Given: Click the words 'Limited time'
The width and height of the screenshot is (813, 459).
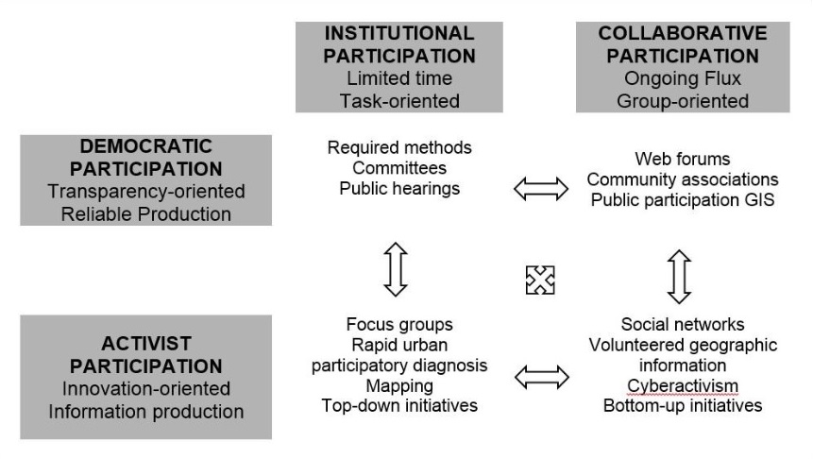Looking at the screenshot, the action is click(x=399, y=78).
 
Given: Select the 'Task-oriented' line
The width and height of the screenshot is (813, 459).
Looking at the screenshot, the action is click(x=399, y=101).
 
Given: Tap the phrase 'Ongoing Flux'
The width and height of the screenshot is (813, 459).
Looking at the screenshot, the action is click(x=683, y=78).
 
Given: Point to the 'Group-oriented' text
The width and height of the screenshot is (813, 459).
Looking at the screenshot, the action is click(x=683, y=101).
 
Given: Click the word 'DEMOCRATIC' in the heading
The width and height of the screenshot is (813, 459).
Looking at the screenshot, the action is click(x=145, y=146).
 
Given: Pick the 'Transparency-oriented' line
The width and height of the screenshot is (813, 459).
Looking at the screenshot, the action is click(x=146, y=192).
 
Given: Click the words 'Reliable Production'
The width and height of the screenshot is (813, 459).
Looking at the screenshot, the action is click(x=146, y=214).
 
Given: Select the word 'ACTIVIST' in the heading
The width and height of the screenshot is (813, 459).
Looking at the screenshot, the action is click(x=146, y=344).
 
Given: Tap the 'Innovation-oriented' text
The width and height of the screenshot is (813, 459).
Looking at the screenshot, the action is click(x=146, y=388).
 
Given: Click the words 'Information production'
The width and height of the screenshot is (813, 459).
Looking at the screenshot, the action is click(x=146, y=411).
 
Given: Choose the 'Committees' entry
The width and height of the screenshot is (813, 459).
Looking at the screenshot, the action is click(x=399, y=168).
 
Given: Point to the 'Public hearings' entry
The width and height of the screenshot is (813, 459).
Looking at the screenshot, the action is click(x=399, y=189).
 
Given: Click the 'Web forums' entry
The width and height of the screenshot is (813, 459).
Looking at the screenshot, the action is click(x=683, y=159).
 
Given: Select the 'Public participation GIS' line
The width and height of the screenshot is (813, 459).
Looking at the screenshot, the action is click(x=683, y=200).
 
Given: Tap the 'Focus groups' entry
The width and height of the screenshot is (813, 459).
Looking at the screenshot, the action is click(x=399, y=325).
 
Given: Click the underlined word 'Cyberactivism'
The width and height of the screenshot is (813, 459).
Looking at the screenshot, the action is click(x=683, y=386).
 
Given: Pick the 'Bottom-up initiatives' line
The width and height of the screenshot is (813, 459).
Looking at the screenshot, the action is click(x=683, y=405).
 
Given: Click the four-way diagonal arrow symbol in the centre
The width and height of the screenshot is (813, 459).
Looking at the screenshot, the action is click(x=540, y=280).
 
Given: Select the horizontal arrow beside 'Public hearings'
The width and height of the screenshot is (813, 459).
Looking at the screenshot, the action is click(x=541, y=188).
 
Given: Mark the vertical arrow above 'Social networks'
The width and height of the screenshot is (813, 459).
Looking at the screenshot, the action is click(x=679, y=277).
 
